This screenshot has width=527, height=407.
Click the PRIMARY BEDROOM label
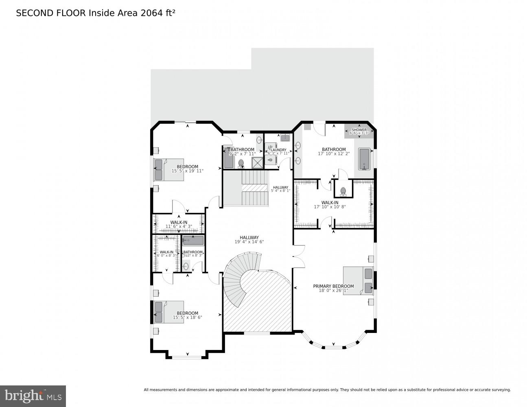pos(333,286)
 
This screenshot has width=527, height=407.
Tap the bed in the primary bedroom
pos(358,280)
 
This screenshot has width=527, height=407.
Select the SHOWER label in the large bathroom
pos(359,130)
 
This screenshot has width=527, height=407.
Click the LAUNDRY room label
pos(278,150)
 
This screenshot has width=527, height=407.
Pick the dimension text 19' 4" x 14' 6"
pos(249,242)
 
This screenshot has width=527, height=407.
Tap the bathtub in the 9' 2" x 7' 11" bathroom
pos(228,158)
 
